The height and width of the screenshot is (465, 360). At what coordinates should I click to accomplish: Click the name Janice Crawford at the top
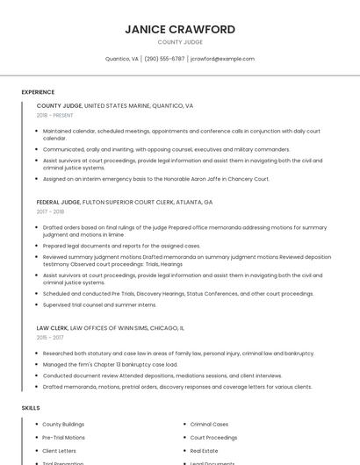coord(180,29)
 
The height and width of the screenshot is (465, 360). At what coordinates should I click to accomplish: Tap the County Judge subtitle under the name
coord(180,42)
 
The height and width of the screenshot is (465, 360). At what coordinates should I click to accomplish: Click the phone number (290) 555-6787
coord(164,59)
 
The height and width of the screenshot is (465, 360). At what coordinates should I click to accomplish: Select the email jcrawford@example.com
coord(222,59)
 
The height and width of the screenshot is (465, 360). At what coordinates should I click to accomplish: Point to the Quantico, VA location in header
coord(122,59)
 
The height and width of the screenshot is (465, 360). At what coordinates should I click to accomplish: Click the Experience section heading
coord(38,92)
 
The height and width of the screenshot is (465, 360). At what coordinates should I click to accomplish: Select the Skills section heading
coord(31,408)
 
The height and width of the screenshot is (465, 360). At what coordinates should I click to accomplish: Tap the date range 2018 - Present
coord(56,115)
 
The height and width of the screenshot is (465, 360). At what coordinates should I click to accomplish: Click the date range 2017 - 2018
coord(50,211)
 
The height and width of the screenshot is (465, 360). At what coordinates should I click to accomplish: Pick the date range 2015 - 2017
coord(50,337)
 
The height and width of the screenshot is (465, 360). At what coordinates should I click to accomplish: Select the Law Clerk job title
coord(53,327)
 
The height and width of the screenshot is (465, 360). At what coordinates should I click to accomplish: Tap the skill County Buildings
coord(63,425)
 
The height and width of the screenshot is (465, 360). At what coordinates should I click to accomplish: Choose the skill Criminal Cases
coord(209,425)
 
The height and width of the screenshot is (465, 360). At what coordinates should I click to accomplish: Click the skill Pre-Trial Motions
coord(63,437)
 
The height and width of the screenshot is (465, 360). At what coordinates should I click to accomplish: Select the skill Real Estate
coord(204,450)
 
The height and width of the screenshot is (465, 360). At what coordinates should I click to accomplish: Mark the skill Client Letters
coord(60,450)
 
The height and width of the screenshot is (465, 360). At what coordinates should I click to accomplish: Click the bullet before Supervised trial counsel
coord(38,304)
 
